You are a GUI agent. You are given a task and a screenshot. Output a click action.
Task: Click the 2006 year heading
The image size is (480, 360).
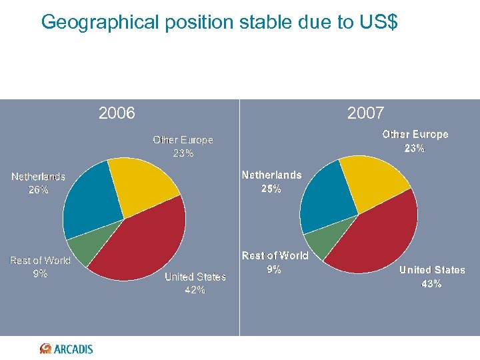pos(117,113)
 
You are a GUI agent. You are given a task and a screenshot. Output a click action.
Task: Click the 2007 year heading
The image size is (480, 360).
pos(365,113)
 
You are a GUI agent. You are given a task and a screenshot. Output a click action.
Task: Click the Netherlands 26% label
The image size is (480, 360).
pos(38,183)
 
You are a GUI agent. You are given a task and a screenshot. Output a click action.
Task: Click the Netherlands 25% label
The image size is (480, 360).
pos(271,181)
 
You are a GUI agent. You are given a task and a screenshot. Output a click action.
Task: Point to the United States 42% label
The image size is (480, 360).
pos(195,283)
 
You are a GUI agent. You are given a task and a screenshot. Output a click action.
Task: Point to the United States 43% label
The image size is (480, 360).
pos(432,277)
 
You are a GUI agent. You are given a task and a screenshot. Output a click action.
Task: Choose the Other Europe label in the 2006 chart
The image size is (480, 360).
pos(183,147)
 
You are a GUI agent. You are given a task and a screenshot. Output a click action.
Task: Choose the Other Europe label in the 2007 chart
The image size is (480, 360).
pos(415,141)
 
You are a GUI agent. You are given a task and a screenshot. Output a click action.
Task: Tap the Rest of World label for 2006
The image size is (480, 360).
pos(40,267)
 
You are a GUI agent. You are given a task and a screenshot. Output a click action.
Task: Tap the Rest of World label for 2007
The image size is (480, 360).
pos(275,263)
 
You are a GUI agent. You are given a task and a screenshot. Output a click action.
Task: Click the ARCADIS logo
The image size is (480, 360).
pos(67,349)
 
